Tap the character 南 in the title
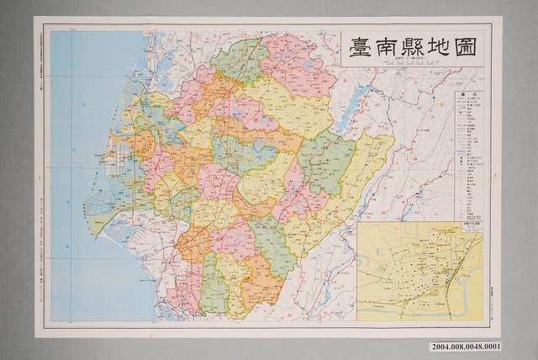388,49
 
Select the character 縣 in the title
414,49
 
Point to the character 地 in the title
439,49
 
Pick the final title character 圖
464,49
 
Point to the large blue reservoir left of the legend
354,109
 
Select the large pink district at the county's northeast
298,71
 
